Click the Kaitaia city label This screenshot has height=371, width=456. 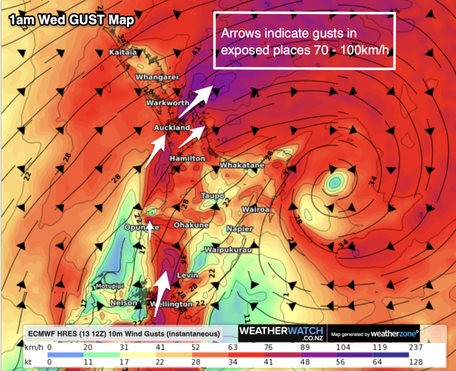point(123,53)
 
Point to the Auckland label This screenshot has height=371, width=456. point(172,128)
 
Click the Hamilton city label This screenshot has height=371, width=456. point(187,159)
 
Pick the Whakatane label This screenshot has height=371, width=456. point(242,165)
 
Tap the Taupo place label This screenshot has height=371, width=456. point(213,195)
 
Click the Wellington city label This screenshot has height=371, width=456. point(171,305)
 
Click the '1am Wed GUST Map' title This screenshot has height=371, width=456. point(71,20)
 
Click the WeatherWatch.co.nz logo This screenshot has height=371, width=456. point(281,333)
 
